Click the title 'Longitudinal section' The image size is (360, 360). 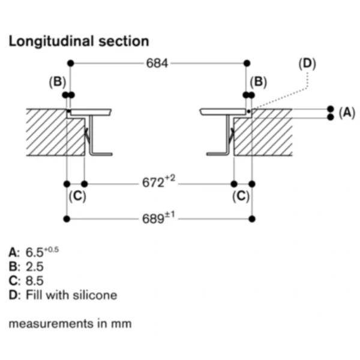[x=79, y=41]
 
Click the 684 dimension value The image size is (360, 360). [x=157, y=63]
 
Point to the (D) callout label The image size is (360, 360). [x=307, y=64]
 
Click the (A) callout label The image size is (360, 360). [x=347, y=113]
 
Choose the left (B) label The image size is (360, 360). [x=58, y=82]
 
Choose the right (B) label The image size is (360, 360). [x=258, y=82]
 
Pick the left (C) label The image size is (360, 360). [x=77, y=196]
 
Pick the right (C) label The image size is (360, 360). [x=241, y=196]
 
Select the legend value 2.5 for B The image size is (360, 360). [x=34, y=266]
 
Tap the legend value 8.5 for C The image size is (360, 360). [x=34, y=281]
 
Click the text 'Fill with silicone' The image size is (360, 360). [x=71, y=295]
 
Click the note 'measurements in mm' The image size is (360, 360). [x=70, y=324]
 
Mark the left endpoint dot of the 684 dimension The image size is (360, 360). [x=71, y=63]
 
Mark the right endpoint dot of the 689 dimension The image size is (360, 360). [x=252, y=219]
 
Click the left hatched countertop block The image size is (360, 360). [x=53, y=136]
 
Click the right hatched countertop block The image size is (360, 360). [x=264, y=136]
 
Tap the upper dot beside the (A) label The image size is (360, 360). [x=331, y=109]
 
